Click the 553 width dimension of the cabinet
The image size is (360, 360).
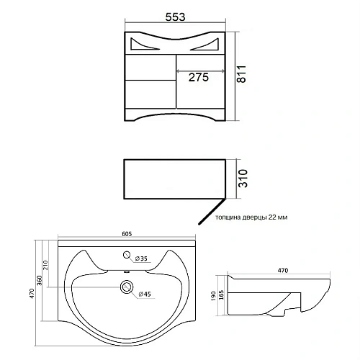(175, 17)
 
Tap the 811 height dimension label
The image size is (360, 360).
(241, 74)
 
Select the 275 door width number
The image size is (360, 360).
(199, 77)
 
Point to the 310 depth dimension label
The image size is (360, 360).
(243, 179)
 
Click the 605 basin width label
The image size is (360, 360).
(127, 234)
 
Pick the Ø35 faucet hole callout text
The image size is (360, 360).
(141, 258)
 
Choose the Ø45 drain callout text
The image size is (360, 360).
(145, 294)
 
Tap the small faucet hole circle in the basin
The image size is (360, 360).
(127, 255)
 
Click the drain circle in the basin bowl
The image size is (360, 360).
(127, 287)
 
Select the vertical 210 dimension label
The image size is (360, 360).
(45, 265)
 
